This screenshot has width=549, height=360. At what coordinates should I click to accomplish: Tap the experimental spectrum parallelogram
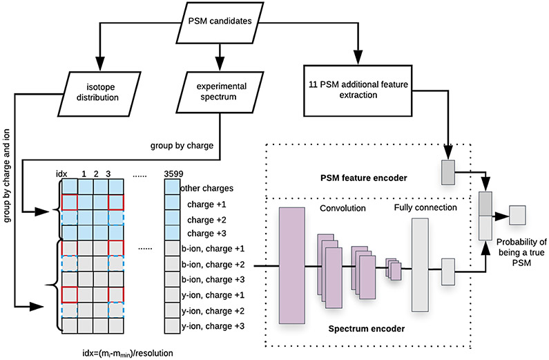(x=220, y=92)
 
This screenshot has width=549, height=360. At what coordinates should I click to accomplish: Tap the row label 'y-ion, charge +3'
(x=214, y=325)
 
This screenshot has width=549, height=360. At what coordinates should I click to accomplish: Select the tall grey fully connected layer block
(x=420, y=265)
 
